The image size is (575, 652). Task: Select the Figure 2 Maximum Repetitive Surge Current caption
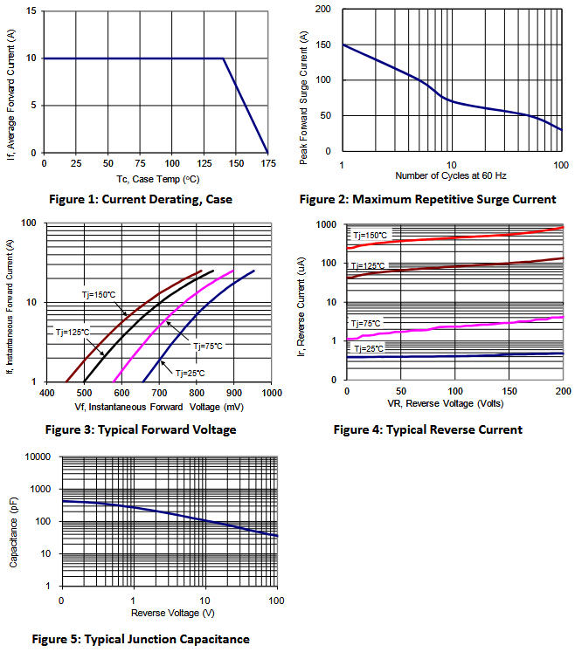(426, 199)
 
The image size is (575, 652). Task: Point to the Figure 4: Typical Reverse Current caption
(428, 429)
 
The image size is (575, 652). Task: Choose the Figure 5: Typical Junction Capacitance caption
(142, 640)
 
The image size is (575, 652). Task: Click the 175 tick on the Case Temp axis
(267, 164)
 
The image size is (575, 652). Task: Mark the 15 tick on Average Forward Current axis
(32, 11)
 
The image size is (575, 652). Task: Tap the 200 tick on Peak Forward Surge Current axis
(322, 9)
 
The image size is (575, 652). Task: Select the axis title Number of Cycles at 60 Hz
(451, 176)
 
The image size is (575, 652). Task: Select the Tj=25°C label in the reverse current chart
(369, 348)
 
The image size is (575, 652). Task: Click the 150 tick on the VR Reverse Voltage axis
(508, 391)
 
